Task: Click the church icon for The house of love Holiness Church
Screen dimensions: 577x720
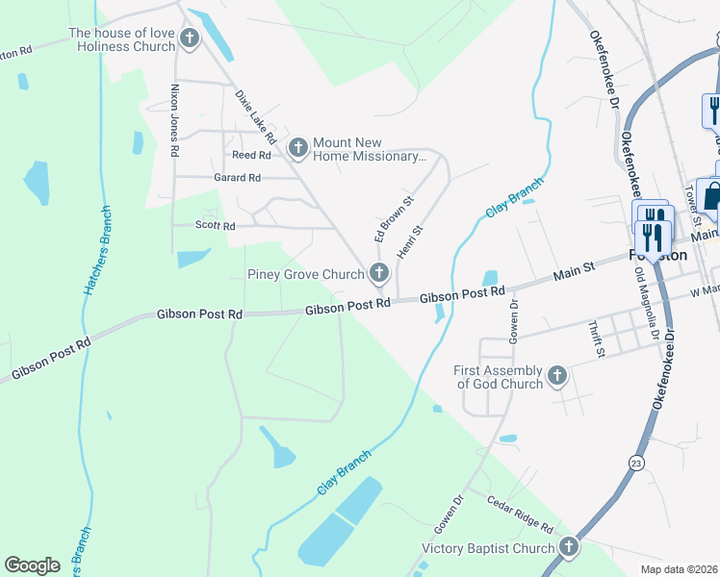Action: (x=190, y=39)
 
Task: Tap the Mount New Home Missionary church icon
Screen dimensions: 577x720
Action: (x=298, y=147)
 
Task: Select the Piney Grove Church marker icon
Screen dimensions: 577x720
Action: (x=379, y=273)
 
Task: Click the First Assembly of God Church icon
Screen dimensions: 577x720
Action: (x=557, y=376)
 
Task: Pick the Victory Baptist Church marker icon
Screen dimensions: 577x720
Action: (x=569, y=547)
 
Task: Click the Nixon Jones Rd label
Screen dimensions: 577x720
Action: (x=175, y=119)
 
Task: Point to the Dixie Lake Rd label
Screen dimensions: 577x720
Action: (x=256, y=115)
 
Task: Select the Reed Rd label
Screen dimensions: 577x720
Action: (x=251, y=155)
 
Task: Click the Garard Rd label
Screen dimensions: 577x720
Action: (x=237, y=178)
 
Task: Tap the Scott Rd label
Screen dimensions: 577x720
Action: (x=216, y=226)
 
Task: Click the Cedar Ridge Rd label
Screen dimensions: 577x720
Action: (x=520, y=514)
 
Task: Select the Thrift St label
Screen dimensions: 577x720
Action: (x=596, y=340)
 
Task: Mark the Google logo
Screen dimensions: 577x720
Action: (x=32, y=565)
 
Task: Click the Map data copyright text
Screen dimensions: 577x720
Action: (x=680, y=569)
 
